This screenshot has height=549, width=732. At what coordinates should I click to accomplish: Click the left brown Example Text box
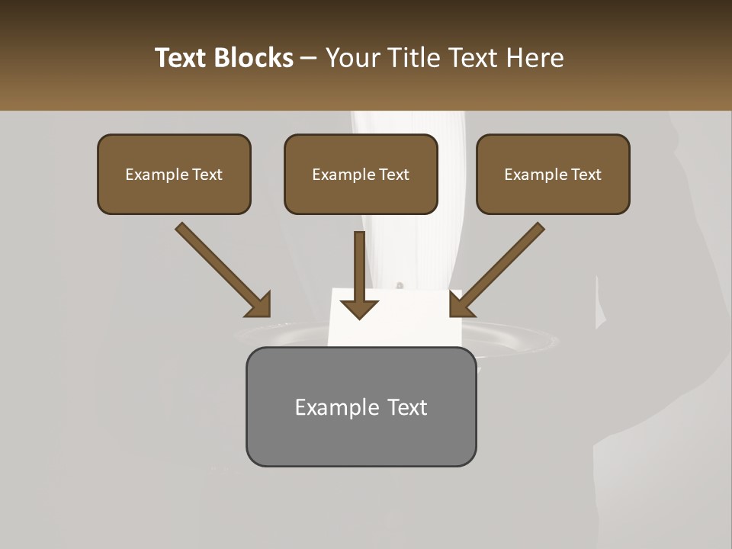click(174, 174)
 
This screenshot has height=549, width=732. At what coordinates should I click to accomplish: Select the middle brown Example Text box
click(361, 174)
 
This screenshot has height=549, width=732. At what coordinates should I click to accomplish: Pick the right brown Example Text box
click(553, 174)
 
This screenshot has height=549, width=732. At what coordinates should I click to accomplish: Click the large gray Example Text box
click(361, 406)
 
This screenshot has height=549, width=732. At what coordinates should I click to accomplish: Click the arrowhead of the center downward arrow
click(359, 309)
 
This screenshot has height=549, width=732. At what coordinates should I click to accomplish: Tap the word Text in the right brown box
click(586, 175)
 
